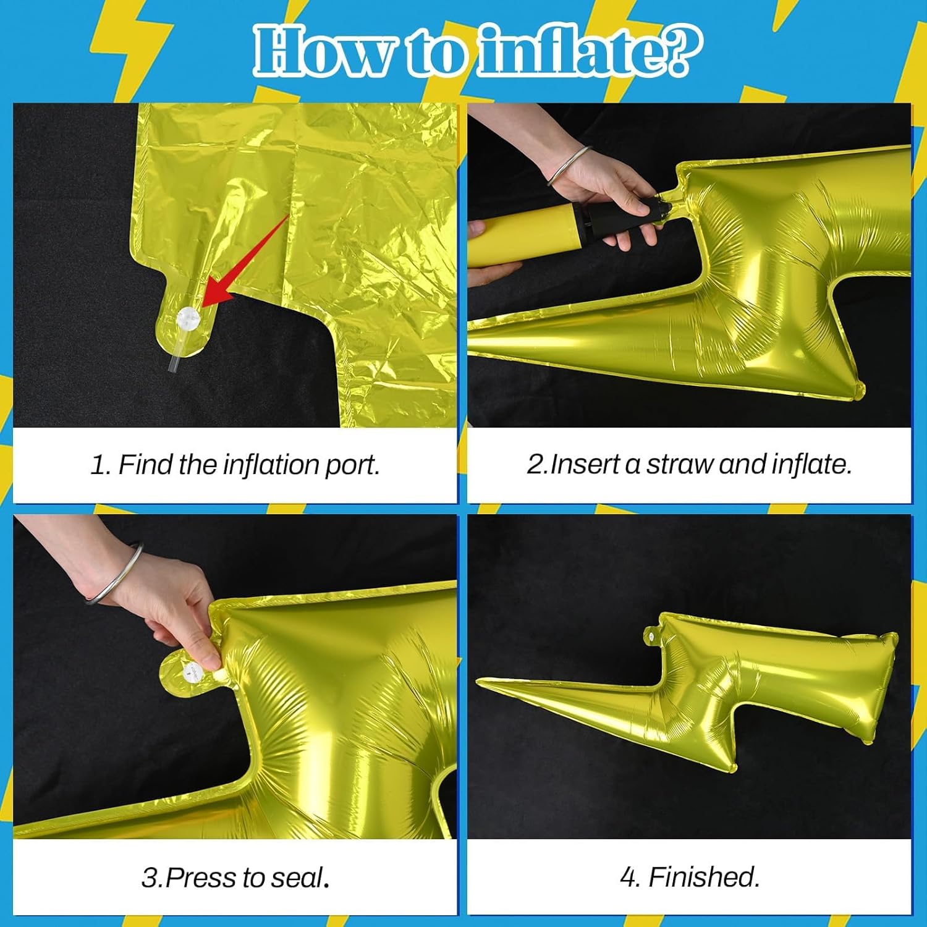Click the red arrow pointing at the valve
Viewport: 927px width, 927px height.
(247, 260)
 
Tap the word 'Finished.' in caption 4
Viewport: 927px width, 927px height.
(704, 877)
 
